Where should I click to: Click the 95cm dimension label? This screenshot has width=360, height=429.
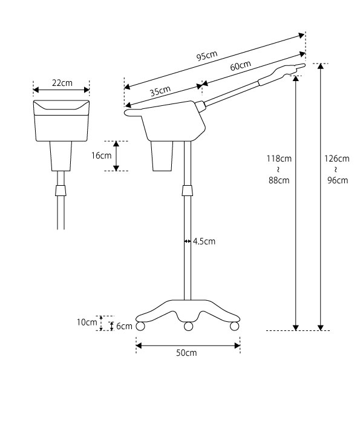click(207, 56)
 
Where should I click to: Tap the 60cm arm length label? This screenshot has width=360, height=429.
click(240, 66)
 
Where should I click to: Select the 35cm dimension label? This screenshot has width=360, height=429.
click(160, 91)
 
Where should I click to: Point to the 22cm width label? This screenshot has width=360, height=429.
click(62, 83)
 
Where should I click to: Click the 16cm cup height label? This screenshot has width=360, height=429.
click(101, 156)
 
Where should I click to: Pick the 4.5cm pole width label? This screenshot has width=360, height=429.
click(204, 241)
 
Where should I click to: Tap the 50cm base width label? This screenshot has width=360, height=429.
click(186, 353)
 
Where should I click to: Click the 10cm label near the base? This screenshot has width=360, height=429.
click(87, 323)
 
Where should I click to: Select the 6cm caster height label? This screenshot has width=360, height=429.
click(124, 326)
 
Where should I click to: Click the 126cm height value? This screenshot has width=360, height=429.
click(337, 159)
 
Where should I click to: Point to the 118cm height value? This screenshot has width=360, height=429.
click(279, 159)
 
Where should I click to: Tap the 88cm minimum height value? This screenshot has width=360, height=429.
click(279, 180)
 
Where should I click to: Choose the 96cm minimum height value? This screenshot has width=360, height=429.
click(338, 180)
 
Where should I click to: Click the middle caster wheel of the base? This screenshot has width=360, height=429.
click(189, 326)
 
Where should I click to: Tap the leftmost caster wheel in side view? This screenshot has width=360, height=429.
click(140, 326)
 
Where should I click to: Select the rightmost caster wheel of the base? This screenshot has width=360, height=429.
click(234, 326)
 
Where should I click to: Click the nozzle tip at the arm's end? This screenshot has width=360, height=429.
click(303, 65)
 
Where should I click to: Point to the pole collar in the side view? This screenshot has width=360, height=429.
click(188, 190)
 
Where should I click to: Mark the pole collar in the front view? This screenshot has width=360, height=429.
click(61, 191)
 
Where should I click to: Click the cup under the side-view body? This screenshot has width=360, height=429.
click(162, 156)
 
